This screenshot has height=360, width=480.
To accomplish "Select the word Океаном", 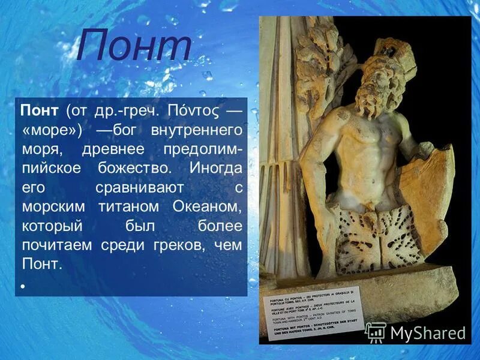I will click(206, 206).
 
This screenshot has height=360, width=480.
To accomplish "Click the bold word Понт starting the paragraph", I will click(40, 111).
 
